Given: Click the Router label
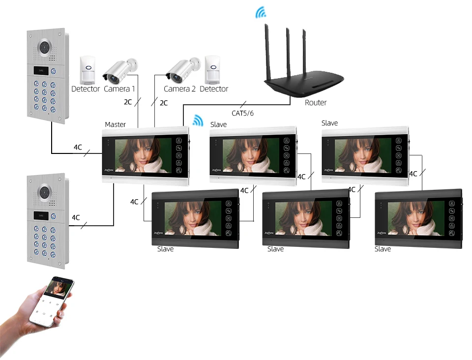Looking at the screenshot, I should point(316,103).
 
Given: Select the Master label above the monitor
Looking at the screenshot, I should point(115,124).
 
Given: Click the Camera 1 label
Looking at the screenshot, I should point(119,89).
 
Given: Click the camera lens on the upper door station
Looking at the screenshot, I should point(46,46).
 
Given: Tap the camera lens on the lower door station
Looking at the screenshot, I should point(46,191).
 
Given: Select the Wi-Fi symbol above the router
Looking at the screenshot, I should point(260,12).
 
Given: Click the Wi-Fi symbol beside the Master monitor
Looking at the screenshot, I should point(198,120).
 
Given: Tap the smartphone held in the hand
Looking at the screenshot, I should point(55,301).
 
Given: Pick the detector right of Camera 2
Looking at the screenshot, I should point(212,69).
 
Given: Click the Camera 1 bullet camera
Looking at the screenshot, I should point(119,71).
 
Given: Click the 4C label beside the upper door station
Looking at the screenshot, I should point(78,147).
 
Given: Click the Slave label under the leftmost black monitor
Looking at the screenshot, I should point(165,249).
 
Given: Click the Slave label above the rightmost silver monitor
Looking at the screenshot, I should point(329,123).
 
